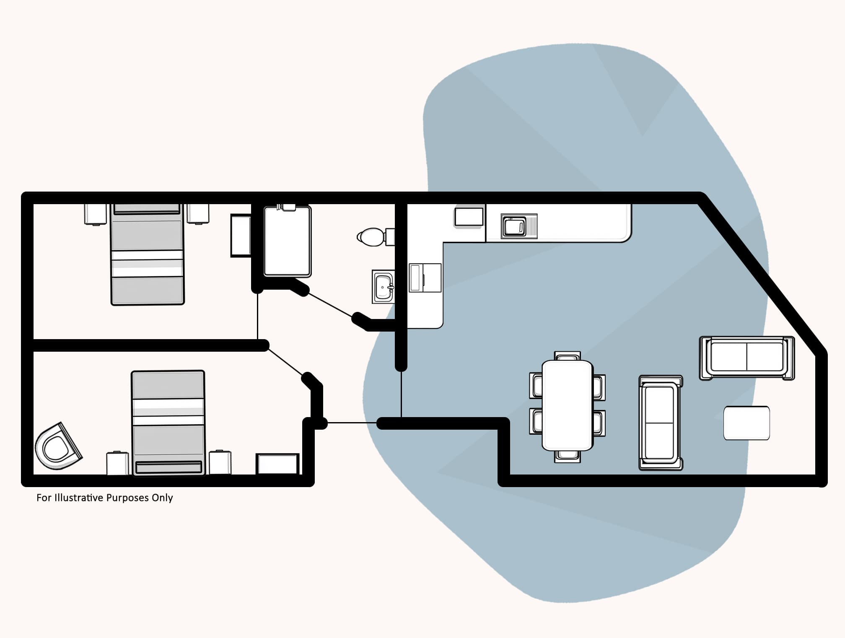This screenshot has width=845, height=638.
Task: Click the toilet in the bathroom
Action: (x=371, y=237)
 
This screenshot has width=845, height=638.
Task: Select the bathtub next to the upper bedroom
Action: (x=288, y=241)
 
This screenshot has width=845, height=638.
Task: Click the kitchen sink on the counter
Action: (x=514, y=227)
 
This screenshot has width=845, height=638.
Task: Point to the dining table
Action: (x=568, y=405)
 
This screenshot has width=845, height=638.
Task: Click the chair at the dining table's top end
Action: (x=568, y=356)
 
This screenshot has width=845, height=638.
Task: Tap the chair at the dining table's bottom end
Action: (x=568, y=456)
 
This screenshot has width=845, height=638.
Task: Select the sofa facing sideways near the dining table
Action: (x=661, y=423)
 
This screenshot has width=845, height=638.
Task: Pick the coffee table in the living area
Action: (x=747, y=423)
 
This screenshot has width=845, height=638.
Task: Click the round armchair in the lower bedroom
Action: (x=58, y=447)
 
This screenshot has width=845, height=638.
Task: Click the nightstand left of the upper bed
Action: (x=95, y=214)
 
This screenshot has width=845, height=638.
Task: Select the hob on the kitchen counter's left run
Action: (x=425, y=278)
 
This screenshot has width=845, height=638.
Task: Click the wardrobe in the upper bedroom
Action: (x=241, y=235)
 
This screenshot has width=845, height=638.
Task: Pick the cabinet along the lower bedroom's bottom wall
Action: (x=277, y=464)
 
